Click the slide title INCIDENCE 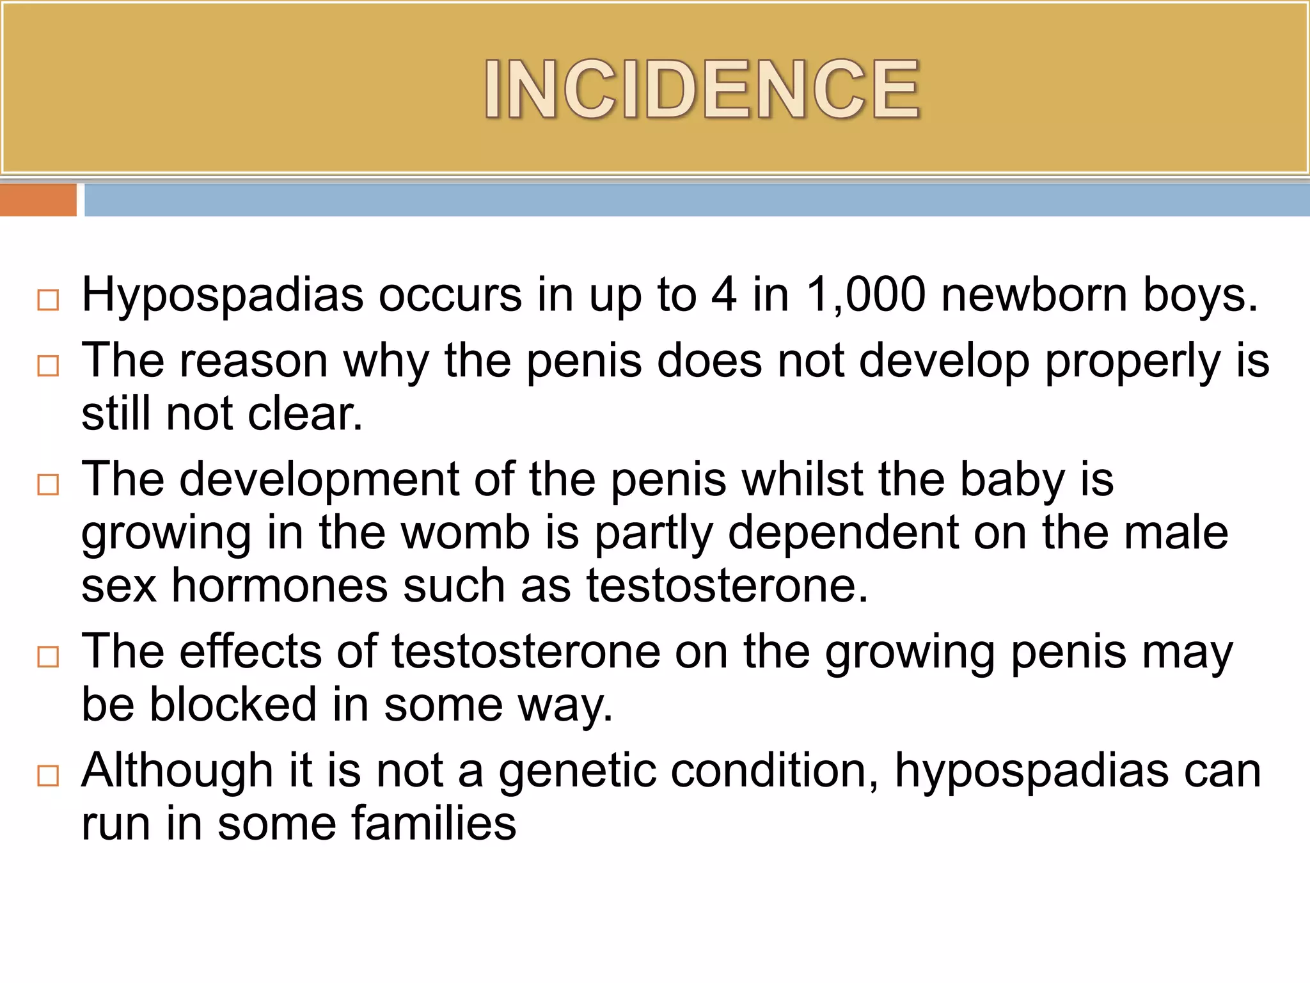pyautogui.click(x=702, y=90)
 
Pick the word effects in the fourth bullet pyautogui.click(x=250, y=652)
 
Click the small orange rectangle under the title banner pyautogui.click(x=38, y=200)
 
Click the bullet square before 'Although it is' pyautogui.click(x=48, y=776)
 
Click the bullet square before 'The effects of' pyautogui.click(x=48, y=657)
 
